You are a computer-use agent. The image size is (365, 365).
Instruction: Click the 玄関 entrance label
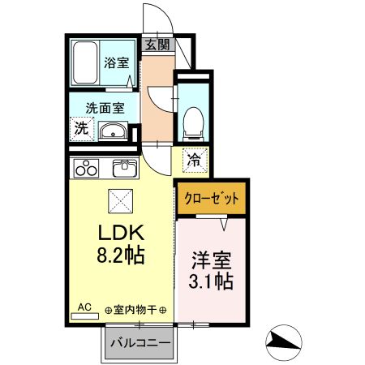[157, 45]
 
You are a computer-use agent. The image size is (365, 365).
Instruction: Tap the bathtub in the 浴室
[85, 62]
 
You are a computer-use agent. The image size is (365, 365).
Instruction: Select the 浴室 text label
[117, 62]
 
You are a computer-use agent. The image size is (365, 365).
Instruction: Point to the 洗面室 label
[105, 108]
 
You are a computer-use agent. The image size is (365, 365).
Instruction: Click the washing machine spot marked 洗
[82, 129]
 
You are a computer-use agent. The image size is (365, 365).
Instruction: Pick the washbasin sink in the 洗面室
[113, 131]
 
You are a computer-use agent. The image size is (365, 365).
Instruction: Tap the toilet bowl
[193, 123]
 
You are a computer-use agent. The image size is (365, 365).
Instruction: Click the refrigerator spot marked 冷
[195, 161]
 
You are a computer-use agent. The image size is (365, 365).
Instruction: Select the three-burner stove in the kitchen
[86, 168]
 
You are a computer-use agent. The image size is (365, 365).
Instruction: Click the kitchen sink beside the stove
[125, 168]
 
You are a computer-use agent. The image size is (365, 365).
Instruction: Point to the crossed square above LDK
[121, 201]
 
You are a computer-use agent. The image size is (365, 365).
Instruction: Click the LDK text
[121, 233]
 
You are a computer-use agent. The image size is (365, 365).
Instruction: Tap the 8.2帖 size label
[121, 255]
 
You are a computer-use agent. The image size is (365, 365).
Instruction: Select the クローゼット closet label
[212, 199]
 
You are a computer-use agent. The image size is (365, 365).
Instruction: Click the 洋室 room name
[212, 260]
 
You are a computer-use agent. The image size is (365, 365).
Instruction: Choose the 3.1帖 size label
[211, 281]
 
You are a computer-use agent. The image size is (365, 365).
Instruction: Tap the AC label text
[84, 307]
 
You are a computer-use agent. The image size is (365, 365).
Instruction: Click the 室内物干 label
[135, 310]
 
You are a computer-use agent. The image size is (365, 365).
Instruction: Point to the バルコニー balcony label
[140, 343]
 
